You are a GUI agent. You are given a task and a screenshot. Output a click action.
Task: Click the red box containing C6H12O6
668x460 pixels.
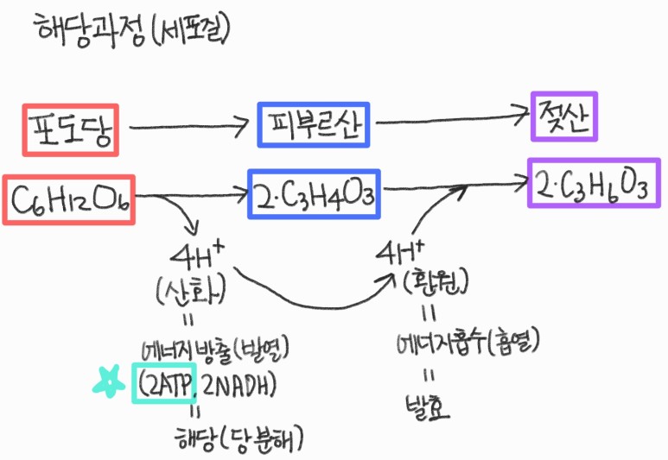tap(70, 199)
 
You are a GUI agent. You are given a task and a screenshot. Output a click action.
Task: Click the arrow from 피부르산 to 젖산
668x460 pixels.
tap(449, 118)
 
